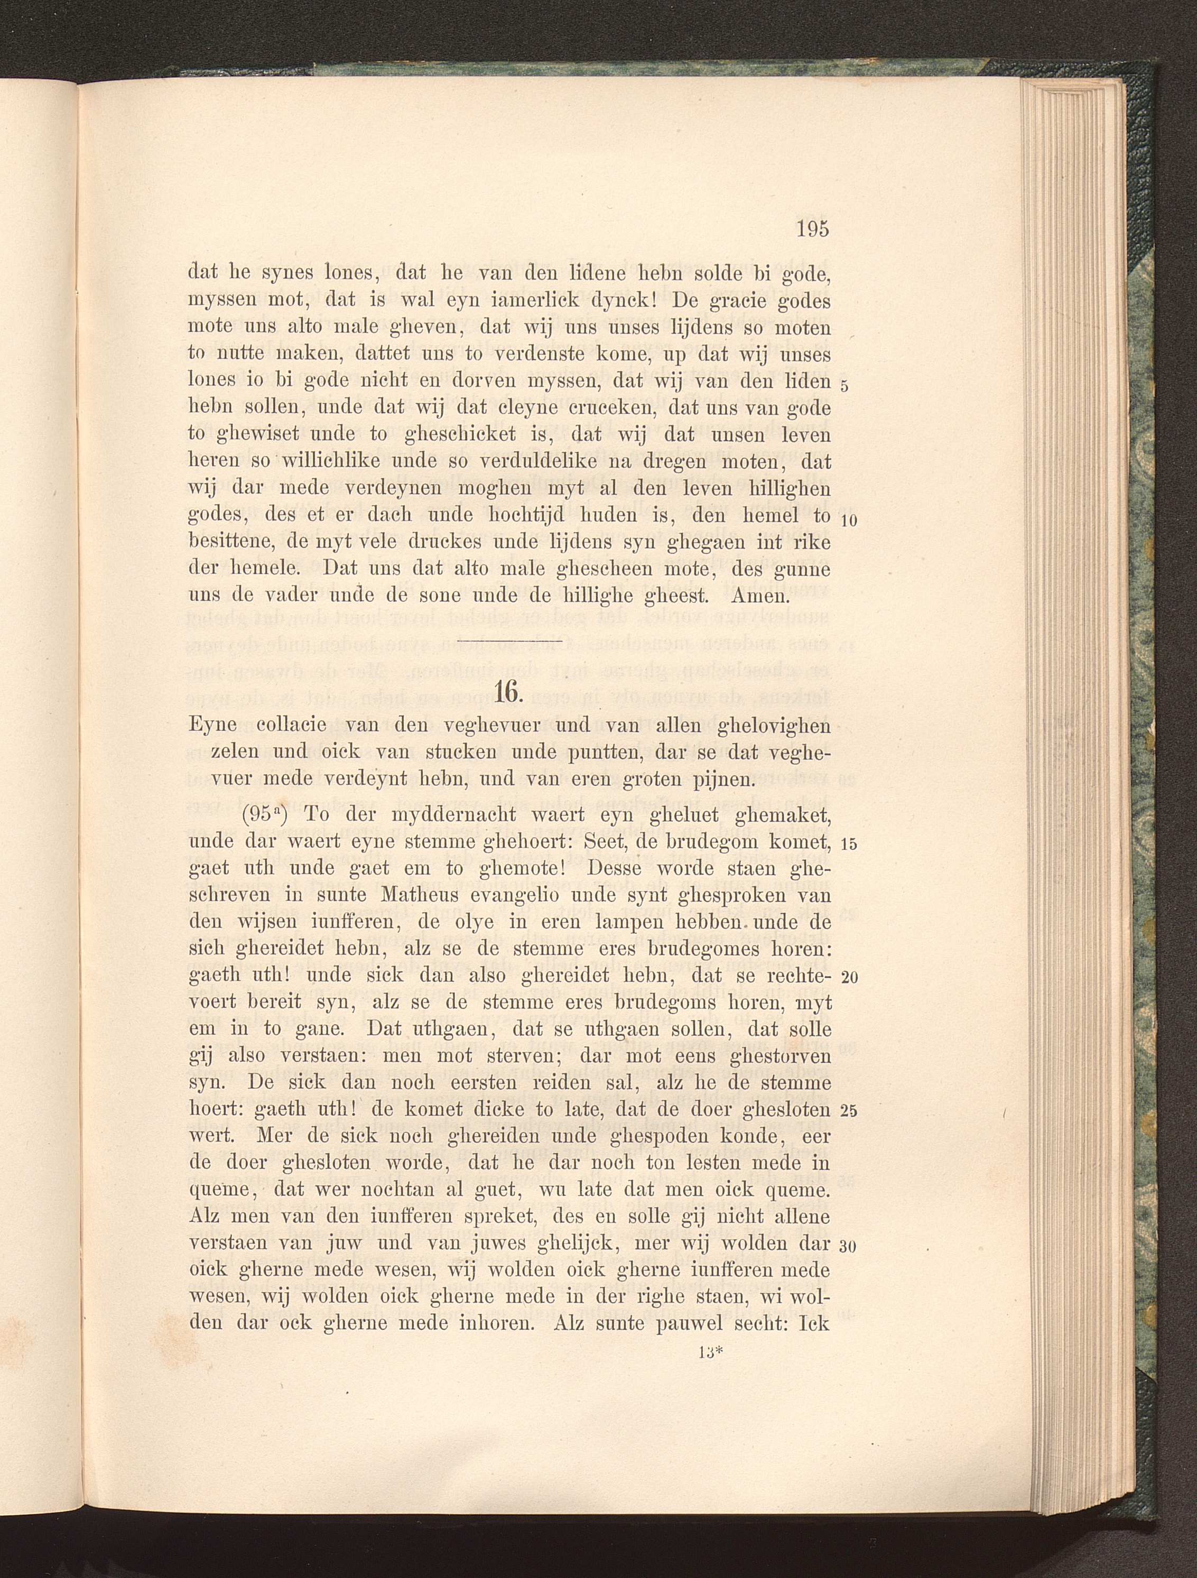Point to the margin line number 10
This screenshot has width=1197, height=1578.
tap(848, 521)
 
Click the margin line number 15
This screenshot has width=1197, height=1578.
tap(848, 844)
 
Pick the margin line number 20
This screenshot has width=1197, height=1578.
tap(849, 977)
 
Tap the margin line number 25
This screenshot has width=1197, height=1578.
tap(848, 1111)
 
